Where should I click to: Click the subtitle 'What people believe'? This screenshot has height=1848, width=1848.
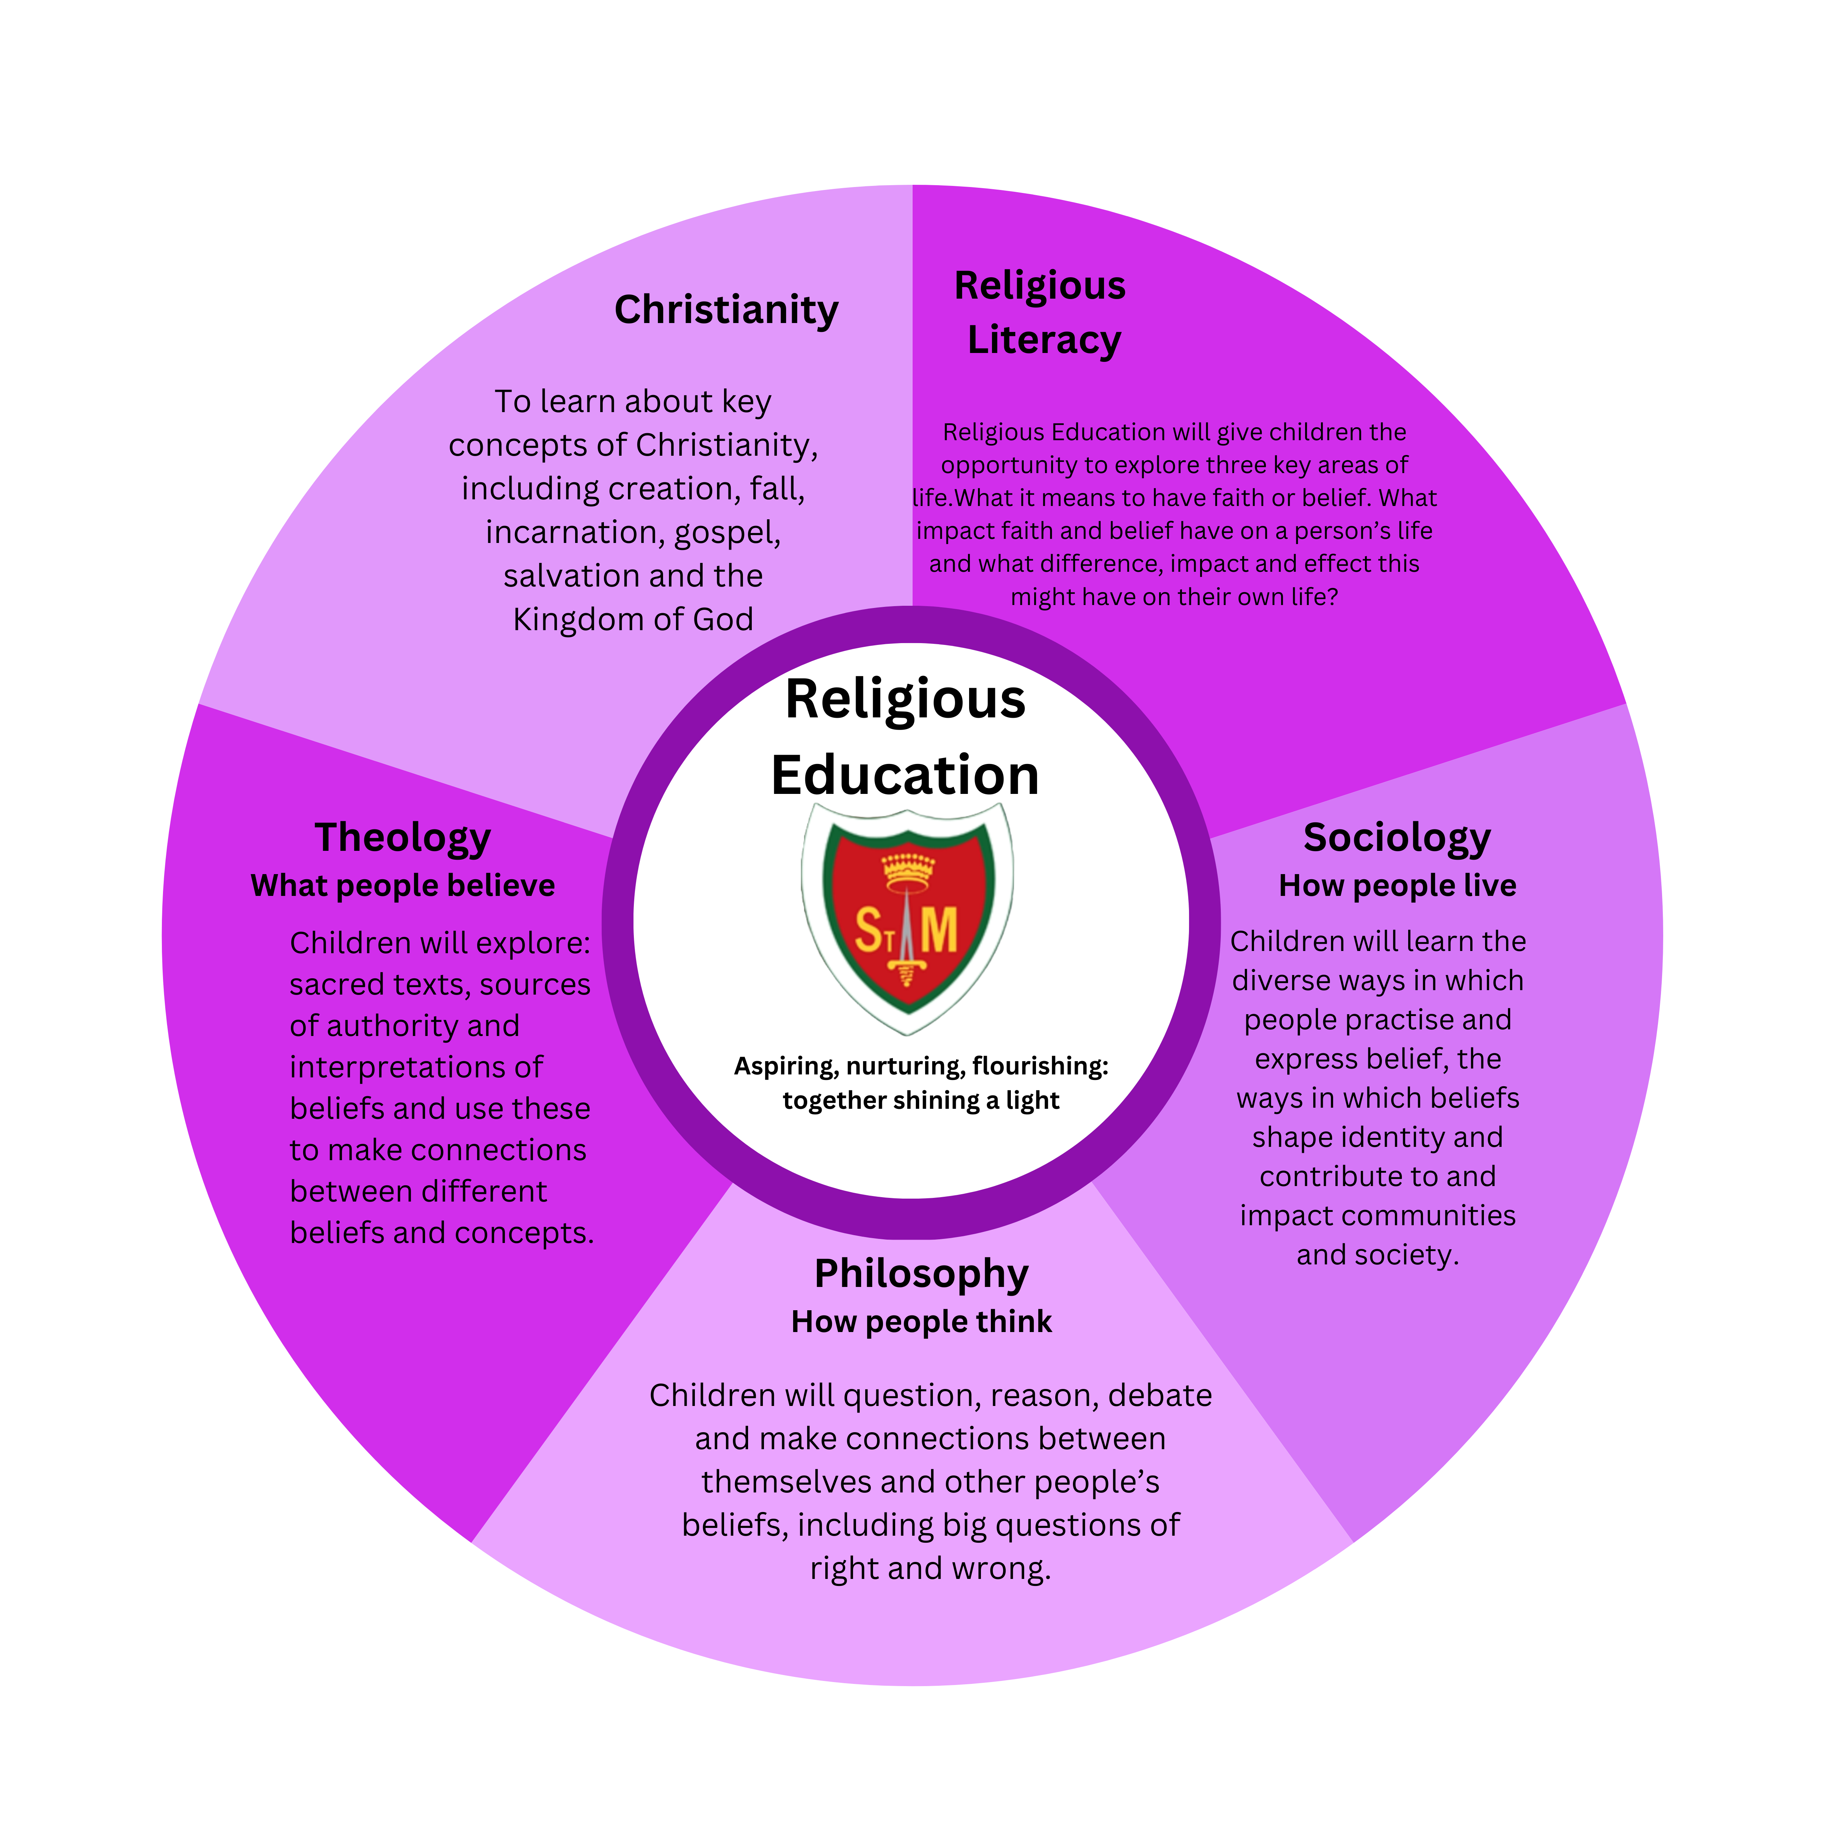(x=403, y=886)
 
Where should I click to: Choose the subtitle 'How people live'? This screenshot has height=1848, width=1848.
(x=1397, y=886)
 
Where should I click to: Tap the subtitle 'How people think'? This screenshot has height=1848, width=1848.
(x=921, y=1322)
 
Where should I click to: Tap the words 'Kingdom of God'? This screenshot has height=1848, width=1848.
(x=633, y=620)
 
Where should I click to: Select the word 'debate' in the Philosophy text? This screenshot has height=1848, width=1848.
(x=1159, y=1396)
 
